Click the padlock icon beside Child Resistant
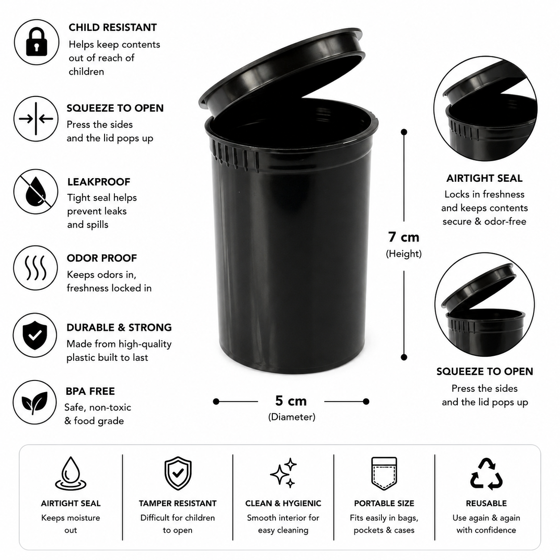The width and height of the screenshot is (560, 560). point(36,42)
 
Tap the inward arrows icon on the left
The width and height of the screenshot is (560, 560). point(36,119)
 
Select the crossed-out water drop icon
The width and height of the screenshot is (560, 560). point(36,192)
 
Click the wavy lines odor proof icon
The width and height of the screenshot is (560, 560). point(36,267)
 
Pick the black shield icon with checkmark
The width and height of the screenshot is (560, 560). point(35,335)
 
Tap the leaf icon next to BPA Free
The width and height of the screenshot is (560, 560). point(34,403)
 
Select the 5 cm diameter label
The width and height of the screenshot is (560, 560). point(291,401)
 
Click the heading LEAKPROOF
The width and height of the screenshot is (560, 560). point(99,182)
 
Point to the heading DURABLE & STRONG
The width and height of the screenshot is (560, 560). point(119,327)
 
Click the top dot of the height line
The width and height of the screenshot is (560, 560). point(404,132)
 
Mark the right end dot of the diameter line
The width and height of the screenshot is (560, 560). point(366,401)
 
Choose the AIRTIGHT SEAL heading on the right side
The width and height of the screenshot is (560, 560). point(484,178)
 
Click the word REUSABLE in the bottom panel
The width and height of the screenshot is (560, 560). point(486,503)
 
